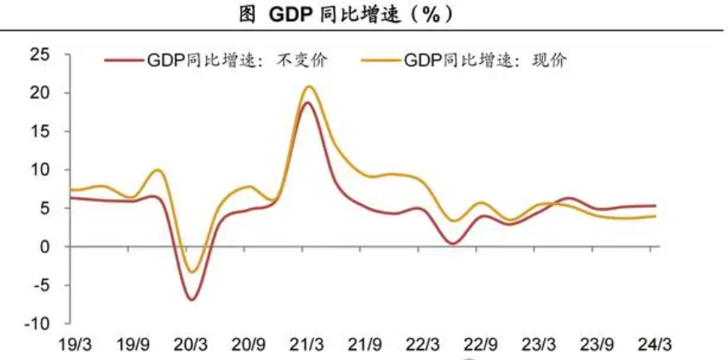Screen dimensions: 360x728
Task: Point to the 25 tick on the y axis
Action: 40,54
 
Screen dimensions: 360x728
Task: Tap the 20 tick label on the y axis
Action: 40,93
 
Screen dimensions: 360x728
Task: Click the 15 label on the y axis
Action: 40,131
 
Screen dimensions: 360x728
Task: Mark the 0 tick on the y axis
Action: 44,247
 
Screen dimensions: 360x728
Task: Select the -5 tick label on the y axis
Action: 40,286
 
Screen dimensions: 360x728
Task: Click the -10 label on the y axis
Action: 37,324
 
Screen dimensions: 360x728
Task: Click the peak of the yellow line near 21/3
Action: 307,86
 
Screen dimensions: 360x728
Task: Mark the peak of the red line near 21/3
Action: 307,103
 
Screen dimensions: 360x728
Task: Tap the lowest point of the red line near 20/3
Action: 192,300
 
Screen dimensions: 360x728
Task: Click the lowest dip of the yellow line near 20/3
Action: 192,272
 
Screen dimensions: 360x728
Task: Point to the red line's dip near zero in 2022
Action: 451,243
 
